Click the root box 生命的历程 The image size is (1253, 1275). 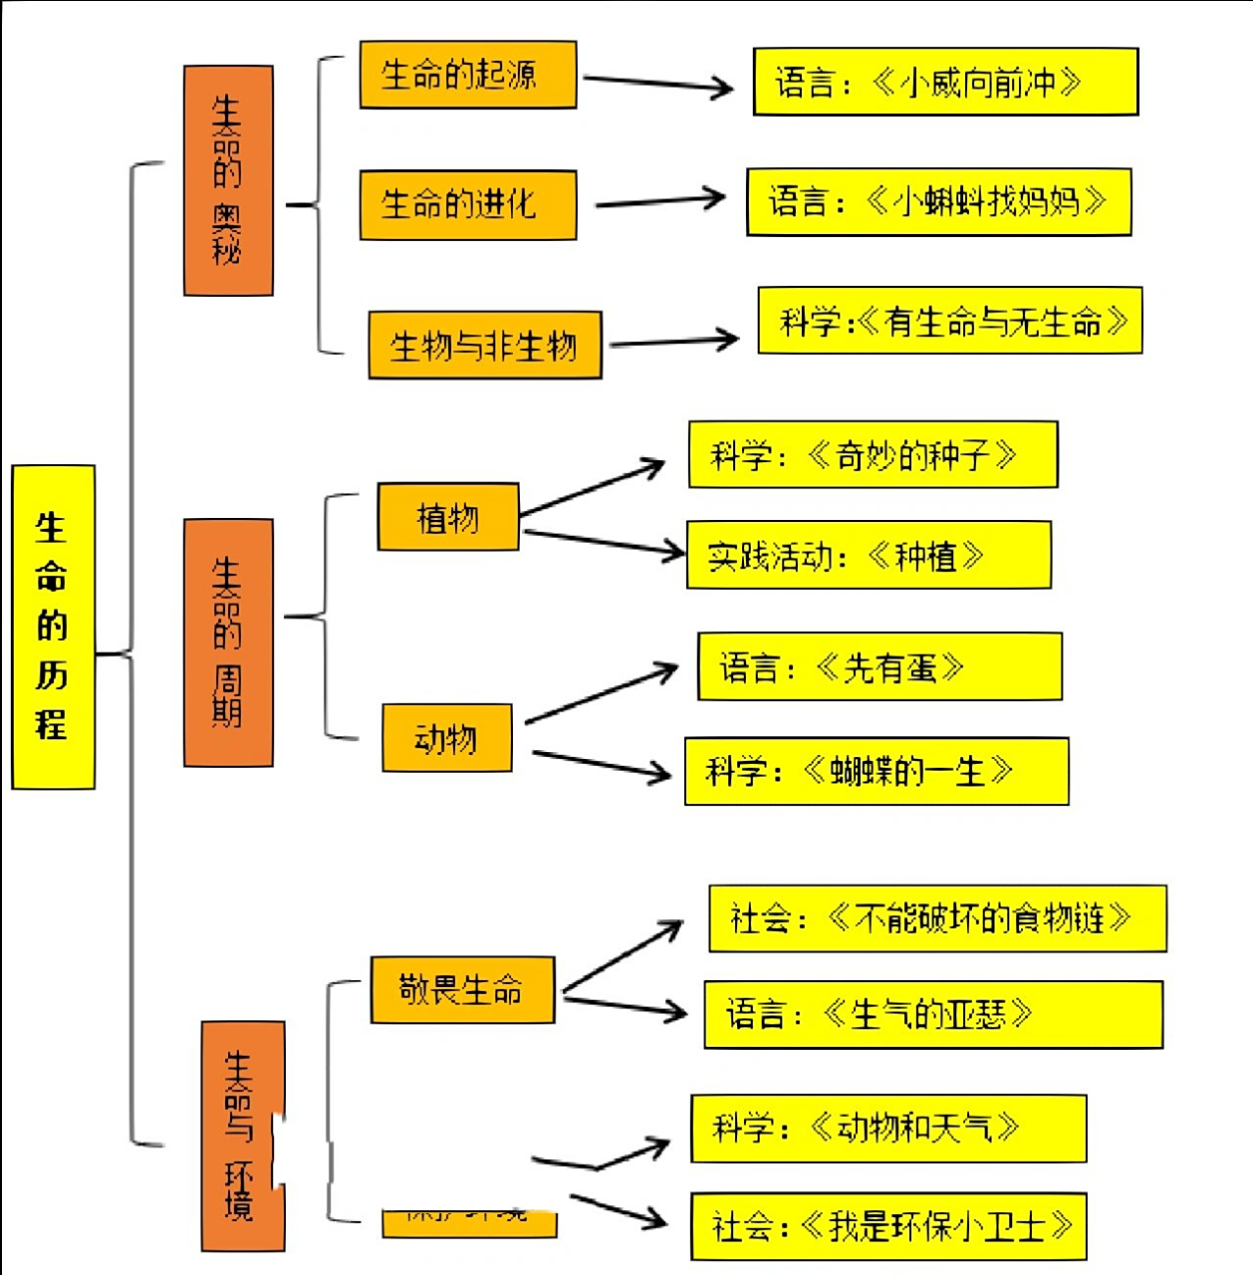pyautogui.click(x=53, y=627)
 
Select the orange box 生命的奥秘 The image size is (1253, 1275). pyautogui.click(x=228, y=180)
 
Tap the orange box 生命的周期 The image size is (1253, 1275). pyautogui.click(x=228, y=642)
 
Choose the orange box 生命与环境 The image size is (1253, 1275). pyautogui.click(x=242, y=1136)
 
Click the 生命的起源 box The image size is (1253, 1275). pyautogui.click(x=467, y=75)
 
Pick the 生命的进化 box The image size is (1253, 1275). pyautogui.click(x=467, y=204)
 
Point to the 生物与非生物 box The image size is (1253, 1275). pyautogui.click(x=484, y=346)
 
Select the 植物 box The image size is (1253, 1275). pyautogui.click(x=447, y=517)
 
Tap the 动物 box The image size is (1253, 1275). pyautogui.click(x=446, y=738)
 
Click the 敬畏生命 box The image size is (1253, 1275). pyautogui.click(x=461, y=990)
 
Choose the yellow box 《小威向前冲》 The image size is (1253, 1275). pyautogui.click(x=944, y=82)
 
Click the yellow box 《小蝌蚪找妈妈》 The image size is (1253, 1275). pyautogui.click(x=938, y=202)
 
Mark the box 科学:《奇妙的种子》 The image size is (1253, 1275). pyautogui.click(x=873, y=455)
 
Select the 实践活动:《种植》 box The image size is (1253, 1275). pyautogui.click(x=868, y=555)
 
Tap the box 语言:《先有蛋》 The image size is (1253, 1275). pyautogui.click(x=878, y=666)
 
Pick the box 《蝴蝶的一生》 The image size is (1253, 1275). pyautogui.click(x=876, y=771)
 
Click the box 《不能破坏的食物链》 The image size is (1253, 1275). pyautogui.click(x=936, y=917)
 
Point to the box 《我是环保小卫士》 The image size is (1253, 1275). pyautogui.click(x=887, y=1226)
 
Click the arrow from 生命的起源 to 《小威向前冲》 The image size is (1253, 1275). pyautogui.click(x=657, y=84)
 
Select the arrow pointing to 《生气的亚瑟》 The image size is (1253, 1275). pyautogui.click(x=626, y=1005)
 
